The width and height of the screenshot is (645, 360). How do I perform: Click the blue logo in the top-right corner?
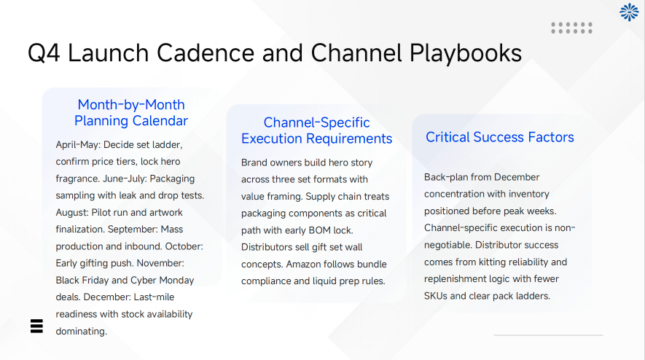[628, 12]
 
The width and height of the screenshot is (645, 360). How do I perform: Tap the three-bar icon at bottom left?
[37, 326]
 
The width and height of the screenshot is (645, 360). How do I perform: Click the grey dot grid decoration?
[571, 28]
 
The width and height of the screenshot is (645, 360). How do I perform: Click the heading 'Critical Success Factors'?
[500, 137]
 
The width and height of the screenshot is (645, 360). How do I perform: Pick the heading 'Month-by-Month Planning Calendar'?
[131, 112]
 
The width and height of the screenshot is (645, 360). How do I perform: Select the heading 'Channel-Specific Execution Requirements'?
[316, 130]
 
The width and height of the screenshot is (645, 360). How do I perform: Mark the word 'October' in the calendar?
[182, 246]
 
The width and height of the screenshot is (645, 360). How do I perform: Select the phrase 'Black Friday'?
[85, 281]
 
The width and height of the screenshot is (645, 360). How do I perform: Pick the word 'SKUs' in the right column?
[437, 296]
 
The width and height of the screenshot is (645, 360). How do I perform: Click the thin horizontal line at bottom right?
[548, 335]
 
